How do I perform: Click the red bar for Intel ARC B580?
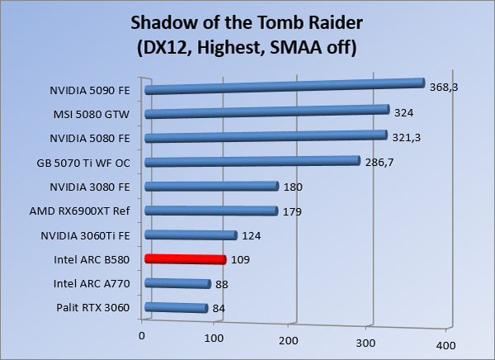tap(185, 259)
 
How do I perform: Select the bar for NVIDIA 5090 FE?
tap(283, 86)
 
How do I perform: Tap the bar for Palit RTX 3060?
tap(175, 309)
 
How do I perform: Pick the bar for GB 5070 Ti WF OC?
tap(252, 162)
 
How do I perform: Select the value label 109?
tap(241, 259)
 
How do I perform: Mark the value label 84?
tap(219, 310)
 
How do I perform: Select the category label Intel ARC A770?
tap(97, 284)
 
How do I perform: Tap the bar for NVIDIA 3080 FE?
tap(211, 187)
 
